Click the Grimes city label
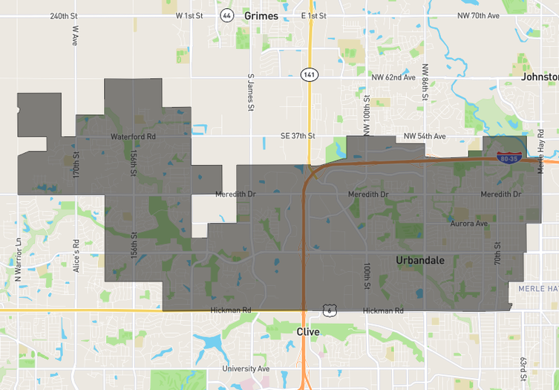[261, 16]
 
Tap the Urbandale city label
[420, 260]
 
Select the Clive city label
[307, 331]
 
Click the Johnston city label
[540, 77]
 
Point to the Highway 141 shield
[309, 74]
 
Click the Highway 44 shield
[226, 15]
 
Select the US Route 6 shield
[329, 311]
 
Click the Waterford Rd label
[133, 137]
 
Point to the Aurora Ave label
[469, 223]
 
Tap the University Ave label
[246, 368]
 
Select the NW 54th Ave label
[425, 136]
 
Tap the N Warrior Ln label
[19, 259]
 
